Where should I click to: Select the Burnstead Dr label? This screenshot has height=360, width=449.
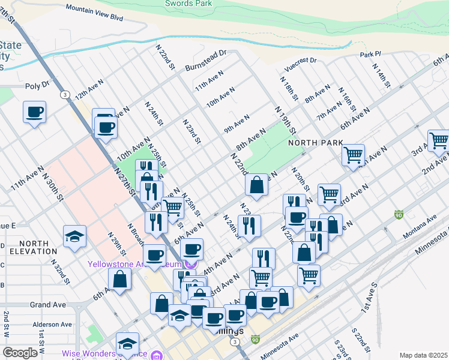click(x=205, y=60)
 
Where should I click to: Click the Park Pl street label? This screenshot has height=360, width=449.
click(x=370, y=55)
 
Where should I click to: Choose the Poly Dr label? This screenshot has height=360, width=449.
click(x=37, y=86)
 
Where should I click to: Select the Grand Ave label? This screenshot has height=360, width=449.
click(x=47, y=305)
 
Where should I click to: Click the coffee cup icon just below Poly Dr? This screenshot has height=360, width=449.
click(x=35, y=112)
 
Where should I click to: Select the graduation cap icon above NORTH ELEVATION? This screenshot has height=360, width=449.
click(x=75, y=236)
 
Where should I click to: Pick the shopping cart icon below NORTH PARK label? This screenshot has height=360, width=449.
click(x=353, y=154)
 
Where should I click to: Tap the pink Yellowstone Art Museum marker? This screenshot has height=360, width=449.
click(x=191, y=263)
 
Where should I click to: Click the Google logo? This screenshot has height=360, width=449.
click(x=20, y=353)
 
